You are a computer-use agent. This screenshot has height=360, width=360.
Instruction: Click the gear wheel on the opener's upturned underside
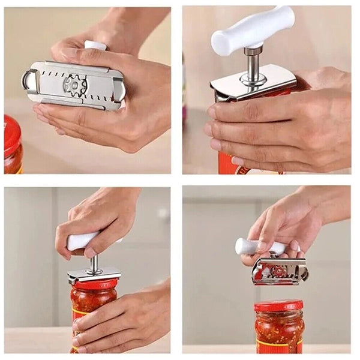click(75, 85)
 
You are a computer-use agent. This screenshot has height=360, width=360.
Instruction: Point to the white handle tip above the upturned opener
click(95, 45)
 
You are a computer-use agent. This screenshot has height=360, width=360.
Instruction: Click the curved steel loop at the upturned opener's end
click(28, 80)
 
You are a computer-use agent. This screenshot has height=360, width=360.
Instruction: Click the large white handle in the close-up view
click(252, 31)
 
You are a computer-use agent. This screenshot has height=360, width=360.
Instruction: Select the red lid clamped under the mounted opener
click(95, 284)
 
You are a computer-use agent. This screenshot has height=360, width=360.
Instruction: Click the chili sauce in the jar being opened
click(90, 303)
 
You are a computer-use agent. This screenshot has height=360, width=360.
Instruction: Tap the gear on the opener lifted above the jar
click(278, 271)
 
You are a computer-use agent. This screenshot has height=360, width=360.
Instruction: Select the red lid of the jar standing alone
click(278, 306)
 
